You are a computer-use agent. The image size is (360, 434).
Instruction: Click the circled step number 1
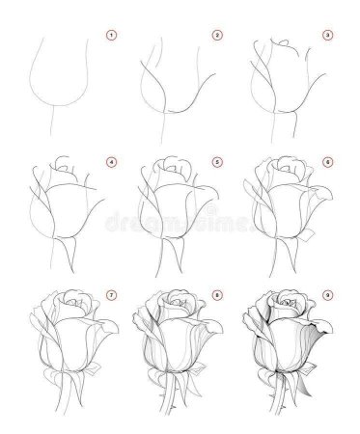tap(111, 37)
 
